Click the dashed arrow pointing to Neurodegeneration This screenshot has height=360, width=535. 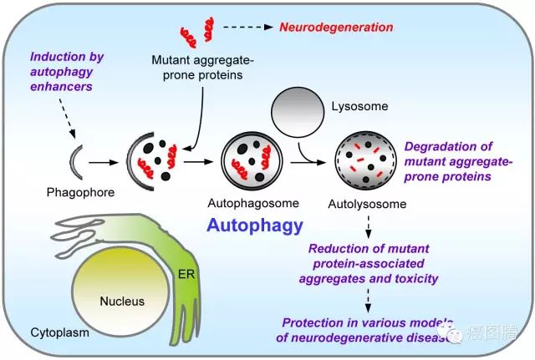[x=249, y=28]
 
